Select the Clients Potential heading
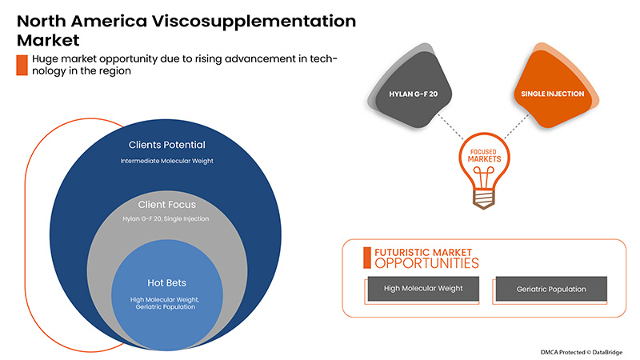point(167,146)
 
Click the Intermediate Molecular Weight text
point(167,162)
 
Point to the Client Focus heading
point(167,205)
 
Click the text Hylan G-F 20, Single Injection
point(167,218)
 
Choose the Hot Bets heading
point(167,282)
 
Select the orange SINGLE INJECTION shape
point(553,94)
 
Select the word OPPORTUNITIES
point(426,262)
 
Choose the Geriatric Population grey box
point(551,289)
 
